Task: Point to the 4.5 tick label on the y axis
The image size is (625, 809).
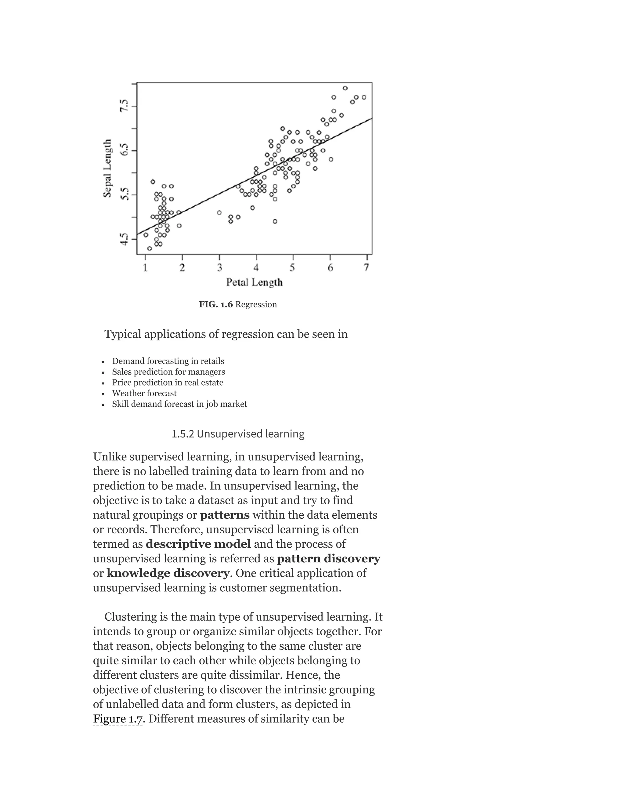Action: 125,239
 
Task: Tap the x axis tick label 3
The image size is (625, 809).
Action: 219,267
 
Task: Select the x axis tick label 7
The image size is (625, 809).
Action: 366,267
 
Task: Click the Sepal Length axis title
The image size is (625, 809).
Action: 107,168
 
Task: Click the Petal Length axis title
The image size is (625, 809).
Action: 255,282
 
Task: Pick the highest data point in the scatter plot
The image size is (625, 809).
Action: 345,88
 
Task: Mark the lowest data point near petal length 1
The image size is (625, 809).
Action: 149,248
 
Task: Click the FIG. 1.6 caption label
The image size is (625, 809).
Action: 216,304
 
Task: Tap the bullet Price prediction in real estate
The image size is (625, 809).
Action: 168,382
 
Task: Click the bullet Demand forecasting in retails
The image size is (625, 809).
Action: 168,361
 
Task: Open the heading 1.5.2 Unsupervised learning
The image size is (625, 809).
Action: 238,434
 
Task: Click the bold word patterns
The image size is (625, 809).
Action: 225,515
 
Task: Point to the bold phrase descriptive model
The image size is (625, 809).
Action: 198,544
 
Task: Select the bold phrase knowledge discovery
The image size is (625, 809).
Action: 168,573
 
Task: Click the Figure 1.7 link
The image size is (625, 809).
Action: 118,719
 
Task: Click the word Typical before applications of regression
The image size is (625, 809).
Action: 123,334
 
